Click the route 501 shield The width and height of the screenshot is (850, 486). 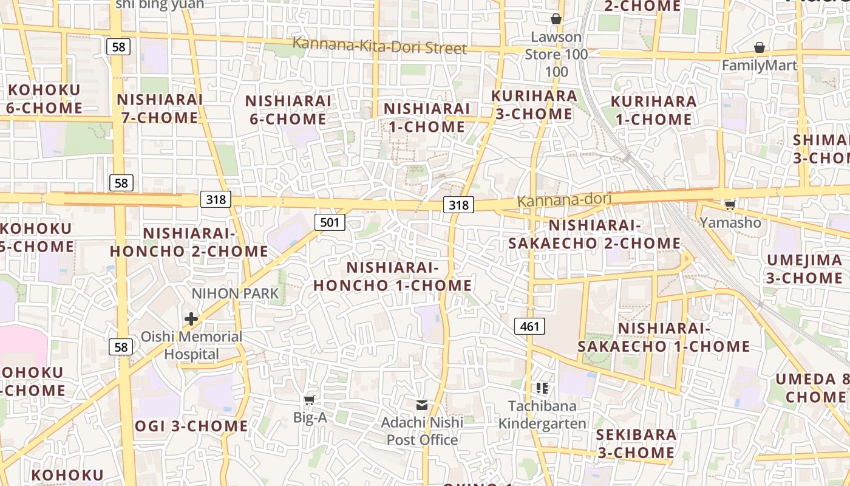click(x=330, y=222)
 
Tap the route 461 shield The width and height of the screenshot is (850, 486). click(x=529, y=326)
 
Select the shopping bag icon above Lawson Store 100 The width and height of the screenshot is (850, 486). click(x=556, y=19)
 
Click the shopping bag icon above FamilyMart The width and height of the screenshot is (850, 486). click(x=759, y=47)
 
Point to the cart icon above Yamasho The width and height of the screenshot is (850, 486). click(x=730, y=205)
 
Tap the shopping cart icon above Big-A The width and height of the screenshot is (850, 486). click(x=310, y=399)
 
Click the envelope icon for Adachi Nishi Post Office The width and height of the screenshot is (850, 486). click(x=422, y=405)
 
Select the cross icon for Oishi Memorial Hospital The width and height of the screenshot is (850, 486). click(x=191, y=318)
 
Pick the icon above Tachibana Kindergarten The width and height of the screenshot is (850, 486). click(x=542, y=388)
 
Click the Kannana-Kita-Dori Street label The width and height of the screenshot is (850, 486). click(x=379, y=46)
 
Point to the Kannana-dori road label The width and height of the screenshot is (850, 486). click(x=564, y=199)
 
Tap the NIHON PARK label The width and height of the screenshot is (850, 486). click(x=235, y=293)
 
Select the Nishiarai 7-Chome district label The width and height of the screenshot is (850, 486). click(x=160, y=108)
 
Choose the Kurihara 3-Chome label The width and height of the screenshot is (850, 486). click(x=534, y=104)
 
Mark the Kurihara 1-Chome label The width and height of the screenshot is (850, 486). click(x=654, y=110)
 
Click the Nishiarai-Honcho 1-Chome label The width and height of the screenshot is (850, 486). click(x=392, y=276)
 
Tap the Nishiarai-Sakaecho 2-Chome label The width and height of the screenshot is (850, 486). click(x=594, y=234)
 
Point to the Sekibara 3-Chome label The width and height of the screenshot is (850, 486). click(x=636, y=443)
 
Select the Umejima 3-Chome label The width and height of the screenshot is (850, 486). click(x=804, y=269)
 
